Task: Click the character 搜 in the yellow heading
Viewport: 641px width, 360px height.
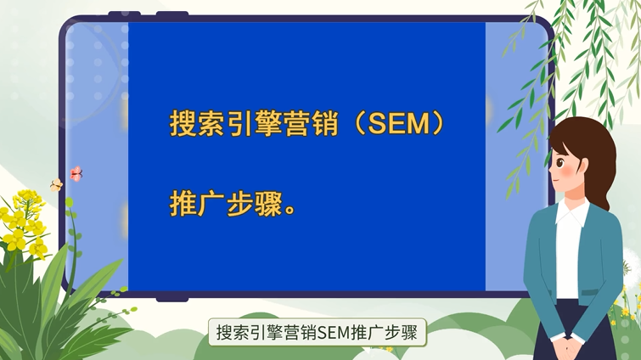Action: [184, 123]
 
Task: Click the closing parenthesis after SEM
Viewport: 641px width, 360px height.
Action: [437, 123]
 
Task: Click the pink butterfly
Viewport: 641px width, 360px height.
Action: [76, 173]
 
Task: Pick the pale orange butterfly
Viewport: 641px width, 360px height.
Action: [56, 184]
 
